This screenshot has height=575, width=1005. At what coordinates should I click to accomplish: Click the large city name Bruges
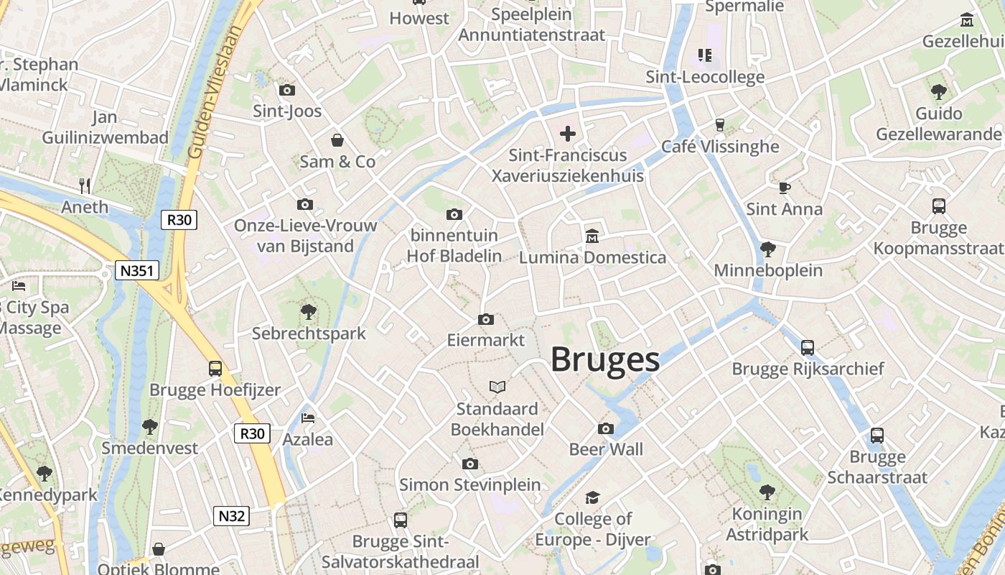[x=605, y=359]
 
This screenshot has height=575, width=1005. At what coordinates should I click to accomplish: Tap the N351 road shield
[x=137, y=270]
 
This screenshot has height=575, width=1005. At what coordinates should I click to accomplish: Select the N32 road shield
[x=232, y=515]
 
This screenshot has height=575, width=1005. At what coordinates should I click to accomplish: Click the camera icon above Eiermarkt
[x=486, y=319]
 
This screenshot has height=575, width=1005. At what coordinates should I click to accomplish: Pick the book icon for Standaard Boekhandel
[x=497, y=387]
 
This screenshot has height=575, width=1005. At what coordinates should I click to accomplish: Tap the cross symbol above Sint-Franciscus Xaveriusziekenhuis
[x=568, y=134]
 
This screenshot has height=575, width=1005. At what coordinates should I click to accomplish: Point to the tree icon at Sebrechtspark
[x=309, y=312]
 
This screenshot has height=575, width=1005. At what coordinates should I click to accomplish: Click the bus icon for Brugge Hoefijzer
[x=215, y=369]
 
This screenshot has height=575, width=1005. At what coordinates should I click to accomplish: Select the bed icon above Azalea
[x=308, y=418]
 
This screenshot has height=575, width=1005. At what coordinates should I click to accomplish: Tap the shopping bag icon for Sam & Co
[x=337, y=140]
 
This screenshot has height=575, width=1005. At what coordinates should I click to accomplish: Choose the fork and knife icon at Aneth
[x=85, y=185]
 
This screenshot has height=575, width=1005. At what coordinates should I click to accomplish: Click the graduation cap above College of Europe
[x=592, y=497]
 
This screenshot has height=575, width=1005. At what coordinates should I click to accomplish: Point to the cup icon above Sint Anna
[x=784, y=188]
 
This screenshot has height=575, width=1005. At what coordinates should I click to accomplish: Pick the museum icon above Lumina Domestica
[x=592, y=236]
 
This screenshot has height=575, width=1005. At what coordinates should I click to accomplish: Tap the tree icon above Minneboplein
[x=767, y=249]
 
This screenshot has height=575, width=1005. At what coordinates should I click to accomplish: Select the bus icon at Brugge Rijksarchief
[x=808, y=348]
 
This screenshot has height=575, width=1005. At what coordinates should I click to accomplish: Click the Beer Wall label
[x=606, y=450]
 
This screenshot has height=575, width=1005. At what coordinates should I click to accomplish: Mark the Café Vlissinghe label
[x=720, y=147]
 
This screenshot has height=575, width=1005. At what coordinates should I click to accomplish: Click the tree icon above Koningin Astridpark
[x=767, y=492]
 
